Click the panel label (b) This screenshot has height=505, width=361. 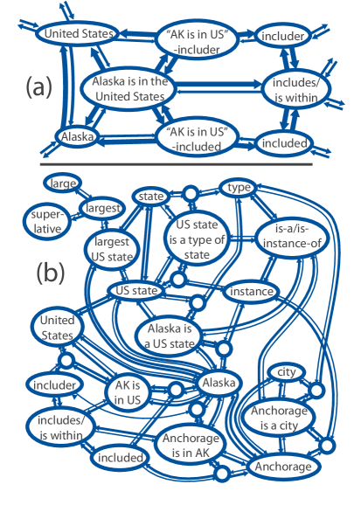tap(51, 273)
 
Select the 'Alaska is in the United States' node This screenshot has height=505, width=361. tap(135, 87)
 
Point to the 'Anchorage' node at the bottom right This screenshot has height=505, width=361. tap(282, 467)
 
